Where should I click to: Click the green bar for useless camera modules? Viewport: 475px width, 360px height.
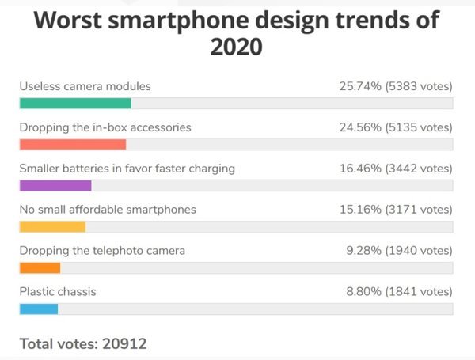pyautogui.click(x=75, y=103)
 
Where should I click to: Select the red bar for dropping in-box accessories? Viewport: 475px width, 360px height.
pyautogui.click(x=73, y=145)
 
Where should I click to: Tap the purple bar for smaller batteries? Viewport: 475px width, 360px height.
pyautogui.click(x=55, y=186)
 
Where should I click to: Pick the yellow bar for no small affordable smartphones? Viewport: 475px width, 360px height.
pyautogui.click(x=52, y=227)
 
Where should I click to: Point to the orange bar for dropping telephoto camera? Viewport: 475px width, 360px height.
pyautogui.click(x=40, y=268)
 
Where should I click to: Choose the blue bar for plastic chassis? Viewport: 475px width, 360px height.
pyautogui.click(x=39, y=309)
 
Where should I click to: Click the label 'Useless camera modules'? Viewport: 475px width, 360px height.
pyautogui.click(x=85, y=86)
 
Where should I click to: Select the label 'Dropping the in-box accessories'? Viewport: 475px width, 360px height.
pyautogui.click(x=105, y=127)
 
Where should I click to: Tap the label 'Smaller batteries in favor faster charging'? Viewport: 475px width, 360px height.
pyautogui.click(x=127, y=169)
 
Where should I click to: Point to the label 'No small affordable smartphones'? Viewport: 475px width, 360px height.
pyautogui.click(x=108, y=210)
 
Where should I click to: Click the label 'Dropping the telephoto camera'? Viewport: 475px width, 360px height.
pyautogui.click(x=102, y=251)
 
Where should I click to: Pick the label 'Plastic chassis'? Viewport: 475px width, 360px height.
pyautogui.click(x=58, y=292)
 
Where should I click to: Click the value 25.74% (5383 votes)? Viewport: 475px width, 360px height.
pyautogui.click(x=396, y=86)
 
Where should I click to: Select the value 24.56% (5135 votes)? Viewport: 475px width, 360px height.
pyautogui.click(x=396, y=127)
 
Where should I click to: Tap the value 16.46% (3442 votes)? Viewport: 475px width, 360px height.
pyautogui.click(x=396, y=169)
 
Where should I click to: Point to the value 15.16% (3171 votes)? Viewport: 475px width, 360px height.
pyautogui.click(x=396, y=210)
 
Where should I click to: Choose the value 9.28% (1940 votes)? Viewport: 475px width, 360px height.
pyautogui.click(x=399, y=251)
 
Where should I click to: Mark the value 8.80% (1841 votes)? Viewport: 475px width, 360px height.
pyautogui.click(x=399, y=292)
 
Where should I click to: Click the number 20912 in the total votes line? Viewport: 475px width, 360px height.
pyautogui.click(x=124, y=344)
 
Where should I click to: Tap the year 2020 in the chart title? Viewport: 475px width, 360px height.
pyautogui.click(x=236, y=47)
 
